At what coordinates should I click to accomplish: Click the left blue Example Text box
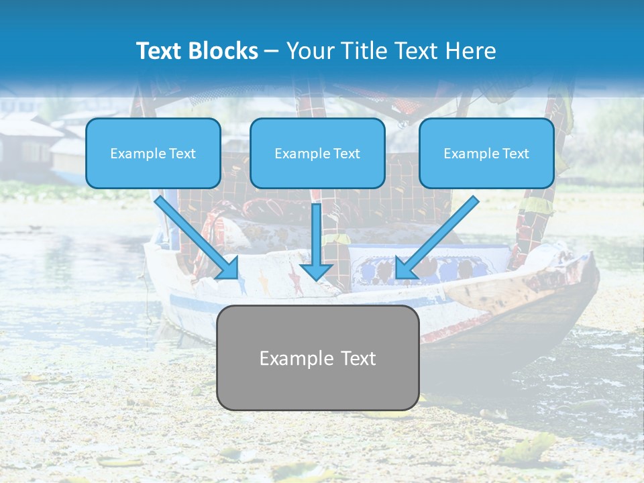153,154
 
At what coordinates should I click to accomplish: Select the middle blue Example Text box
317,154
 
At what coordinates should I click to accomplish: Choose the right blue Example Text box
486,154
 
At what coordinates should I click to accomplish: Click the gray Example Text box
317,358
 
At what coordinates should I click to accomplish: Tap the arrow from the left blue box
195,235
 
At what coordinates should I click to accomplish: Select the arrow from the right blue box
439,235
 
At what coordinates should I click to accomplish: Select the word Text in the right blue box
515,154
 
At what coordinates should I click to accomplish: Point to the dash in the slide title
272,51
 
